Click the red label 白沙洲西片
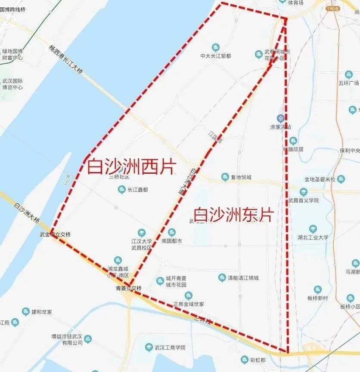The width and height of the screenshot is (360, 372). point(131,166)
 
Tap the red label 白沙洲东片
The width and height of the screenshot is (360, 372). point(233,215)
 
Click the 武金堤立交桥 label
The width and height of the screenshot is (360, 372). point(55,234)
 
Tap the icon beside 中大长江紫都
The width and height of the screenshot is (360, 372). point(216,47)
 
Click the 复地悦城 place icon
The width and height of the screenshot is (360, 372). point(225,177)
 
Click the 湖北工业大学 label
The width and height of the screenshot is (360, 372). point(313,237)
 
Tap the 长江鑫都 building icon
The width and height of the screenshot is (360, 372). point(122,189)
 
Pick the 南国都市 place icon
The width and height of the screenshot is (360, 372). point(171,232)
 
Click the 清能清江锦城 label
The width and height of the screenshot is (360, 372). point(243,278)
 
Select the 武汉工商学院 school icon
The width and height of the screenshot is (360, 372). point(149,347)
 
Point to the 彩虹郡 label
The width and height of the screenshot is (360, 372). point(258,360)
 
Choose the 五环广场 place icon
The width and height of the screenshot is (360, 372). point(348,74)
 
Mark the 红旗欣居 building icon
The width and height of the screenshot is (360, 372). point(293,141)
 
